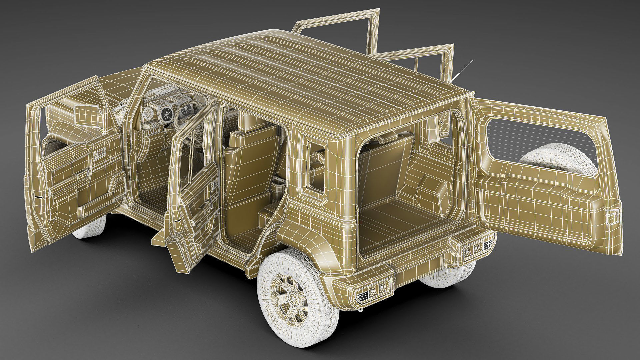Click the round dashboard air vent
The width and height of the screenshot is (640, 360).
165,115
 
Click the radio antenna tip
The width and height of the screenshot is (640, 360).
472,60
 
